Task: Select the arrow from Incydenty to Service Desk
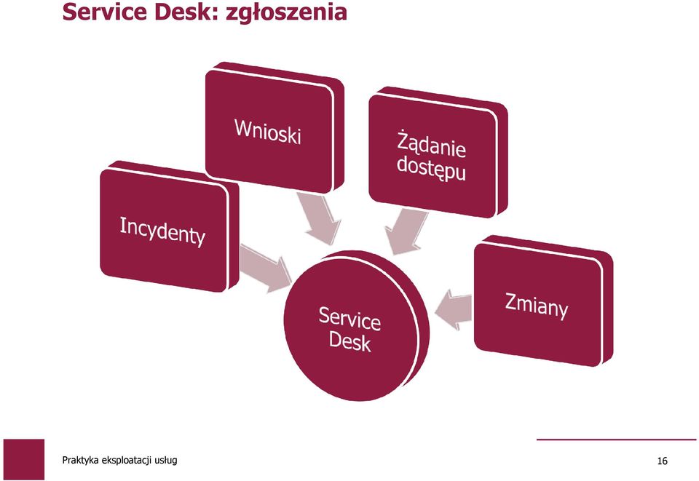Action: pos(265,268)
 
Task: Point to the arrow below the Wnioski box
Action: pos(319,218)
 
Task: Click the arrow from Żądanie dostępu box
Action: pos(405,232)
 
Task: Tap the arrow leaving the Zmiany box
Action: pos(453,309)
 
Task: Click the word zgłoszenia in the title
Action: pos(286,12)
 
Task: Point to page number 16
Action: pos(663,461)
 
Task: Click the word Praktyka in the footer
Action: pos(81,461)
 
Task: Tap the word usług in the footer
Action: pos(166,461)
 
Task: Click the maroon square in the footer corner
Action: pos(24,460)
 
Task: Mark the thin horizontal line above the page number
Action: pos(617,440)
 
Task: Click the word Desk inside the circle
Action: pos(350,342)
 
